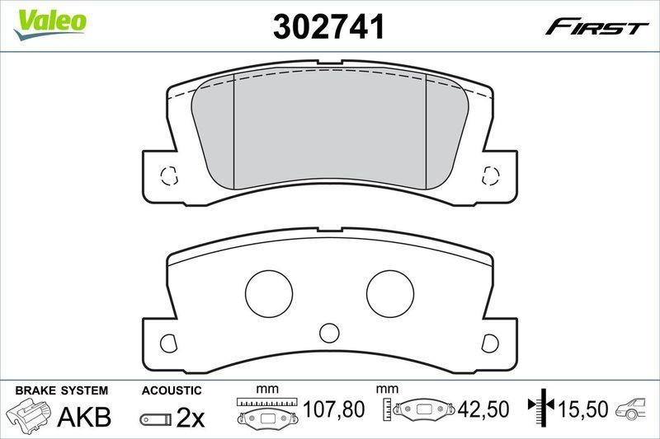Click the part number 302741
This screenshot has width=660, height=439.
pyautogui.click(x=329, y=27)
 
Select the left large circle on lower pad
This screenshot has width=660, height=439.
pyautogui.click(x=269, y=292)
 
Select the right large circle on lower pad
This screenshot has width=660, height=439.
pyautogui.click(x=390, y=292)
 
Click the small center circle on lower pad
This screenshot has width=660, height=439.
pyautogui.click(x=329, y=333)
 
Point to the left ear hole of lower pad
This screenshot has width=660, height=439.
pyautogui.click(x=168, y=342)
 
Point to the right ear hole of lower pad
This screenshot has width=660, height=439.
pyautogui.click(x=491, y=342)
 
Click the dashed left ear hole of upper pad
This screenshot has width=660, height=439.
pyautogui.click(x=168, y=175)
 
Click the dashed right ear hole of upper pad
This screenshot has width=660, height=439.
pyautogui.click(x=491, y=175)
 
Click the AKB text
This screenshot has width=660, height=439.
pyautogui.click(x=83, y=417)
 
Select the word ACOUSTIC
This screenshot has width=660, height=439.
pyautogui.click(x=172, y=390)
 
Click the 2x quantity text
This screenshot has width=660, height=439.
pyautogui.click(x=191, y=418)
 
